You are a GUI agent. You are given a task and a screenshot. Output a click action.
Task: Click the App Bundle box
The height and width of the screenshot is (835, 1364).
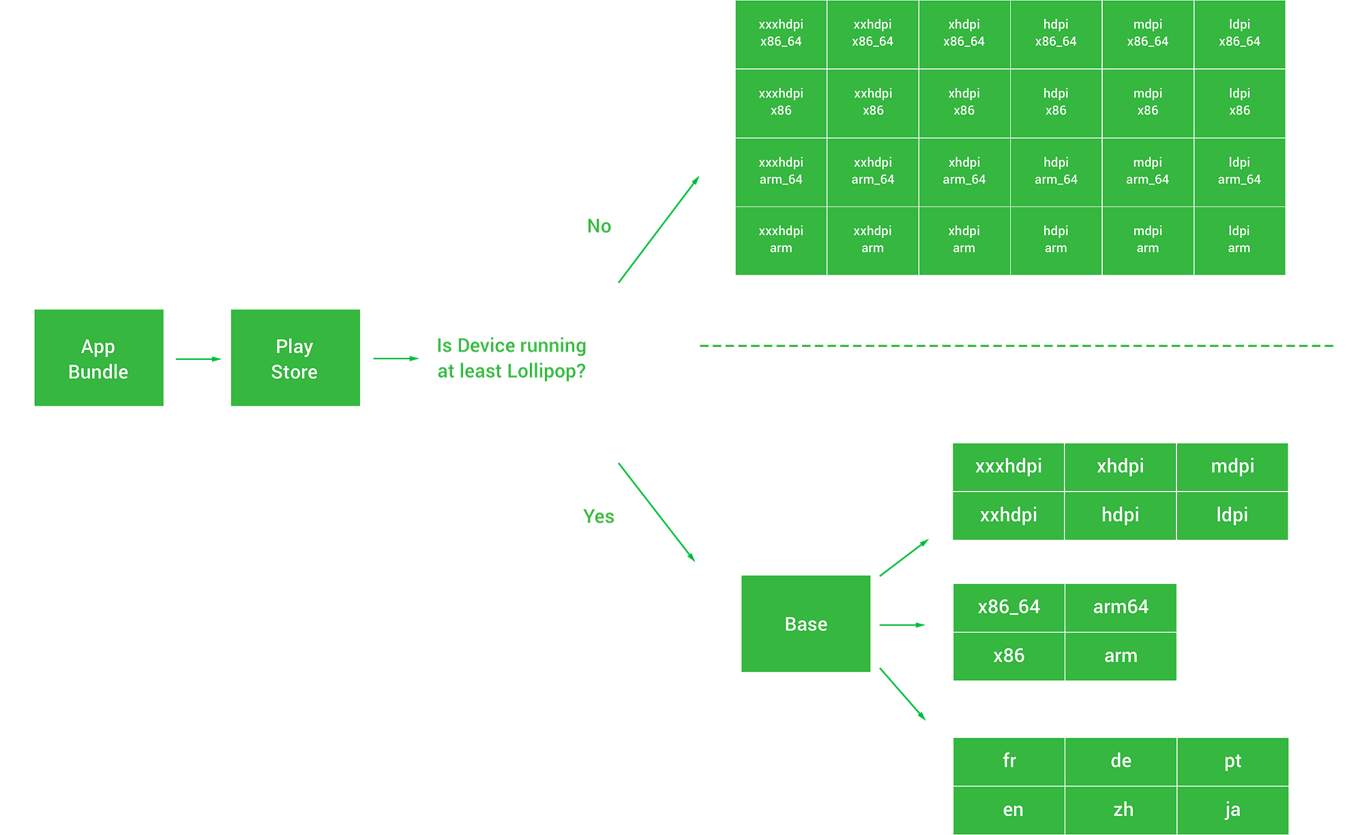coord(99,358)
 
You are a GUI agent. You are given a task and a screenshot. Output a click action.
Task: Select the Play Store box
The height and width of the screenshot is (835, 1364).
coord(295,358)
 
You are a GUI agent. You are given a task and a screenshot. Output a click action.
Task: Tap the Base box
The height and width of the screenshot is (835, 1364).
coord(805,624)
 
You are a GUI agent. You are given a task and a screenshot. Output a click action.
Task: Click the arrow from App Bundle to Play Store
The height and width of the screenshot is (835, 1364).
coord(198,359)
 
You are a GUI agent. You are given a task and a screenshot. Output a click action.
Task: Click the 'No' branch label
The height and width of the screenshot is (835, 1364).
coord(599,226)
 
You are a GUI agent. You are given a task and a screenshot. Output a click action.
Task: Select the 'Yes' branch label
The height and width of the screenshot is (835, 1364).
coord(599,517)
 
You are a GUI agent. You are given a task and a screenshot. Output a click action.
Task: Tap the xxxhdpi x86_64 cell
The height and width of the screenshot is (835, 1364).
coord(781,33)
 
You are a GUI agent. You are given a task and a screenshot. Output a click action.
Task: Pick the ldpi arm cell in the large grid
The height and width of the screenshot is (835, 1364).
coord(1239,240)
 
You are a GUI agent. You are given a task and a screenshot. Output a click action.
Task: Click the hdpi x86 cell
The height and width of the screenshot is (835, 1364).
coord(1056,102)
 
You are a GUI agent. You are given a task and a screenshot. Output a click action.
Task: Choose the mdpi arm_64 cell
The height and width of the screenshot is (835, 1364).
coord(1147,171)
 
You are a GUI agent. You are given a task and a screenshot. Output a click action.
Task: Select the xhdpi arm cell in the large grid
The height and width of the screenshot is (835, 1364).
coord(964,240)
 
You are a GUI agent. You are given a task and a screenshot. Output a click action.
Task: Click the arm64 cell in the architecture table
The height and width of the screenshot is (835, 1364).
coord(1121,607)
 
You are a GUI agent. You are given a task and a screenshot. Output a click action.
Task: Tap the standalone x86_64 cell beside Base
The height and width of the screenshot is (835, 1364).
coord(1009,607)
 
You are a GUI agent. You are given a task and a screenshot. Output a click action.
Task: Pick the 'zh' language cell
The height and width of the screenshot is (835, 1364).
coord(1123,810)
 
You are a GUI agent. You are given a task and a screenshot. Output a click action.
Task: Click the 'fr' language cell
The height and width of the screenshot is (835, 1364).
coord(1009,761)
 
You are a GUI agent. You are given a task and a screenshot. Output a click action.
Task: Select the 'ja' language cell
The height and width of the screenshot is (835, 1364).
coord(1232,810)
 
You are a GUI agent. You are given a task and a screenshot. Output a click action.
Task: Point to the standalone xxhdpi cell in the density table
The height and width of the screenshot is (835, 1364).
coord(1008,515)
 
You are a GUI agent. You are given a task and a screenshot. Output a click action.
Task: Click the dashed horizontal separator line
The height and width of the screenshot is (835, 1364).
coord(1016,345)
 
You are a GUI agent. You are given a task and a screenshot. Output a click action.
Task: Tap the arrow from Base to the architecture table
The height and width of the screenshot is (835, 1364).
coord(902,624)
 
